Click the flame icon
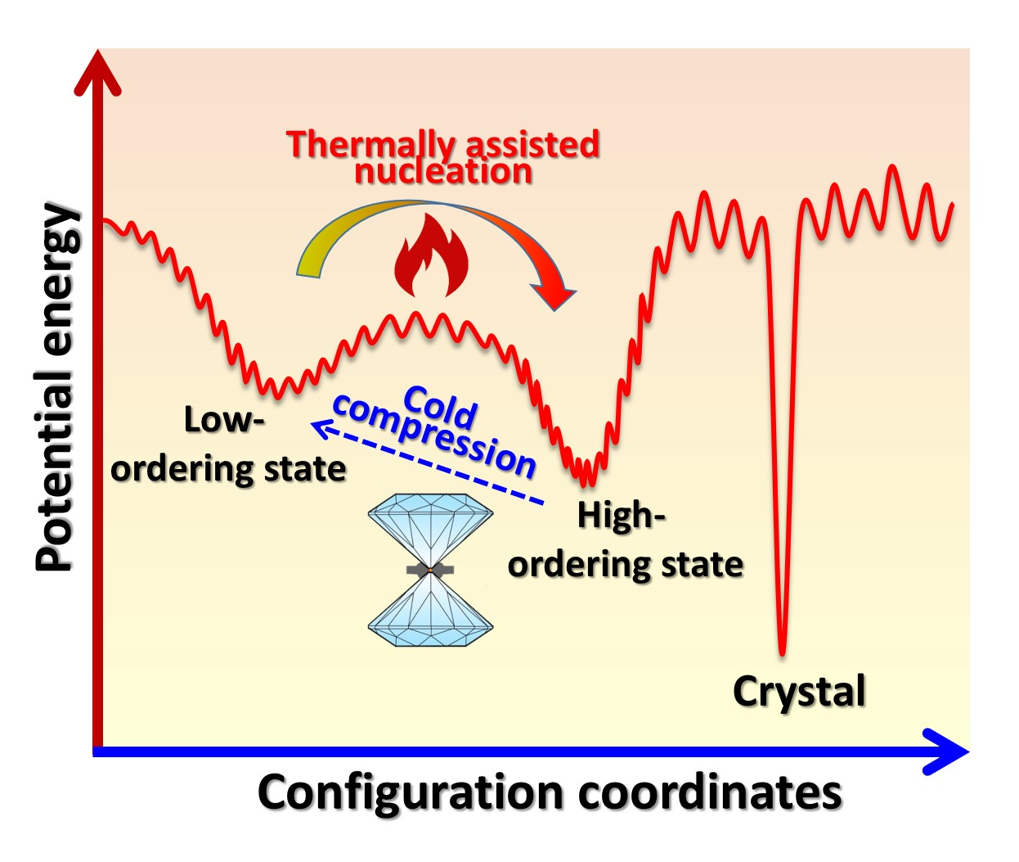click(x=432, y=256)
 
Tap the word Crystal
click(x=799, y=692)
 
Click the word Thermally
click(x=371, y=146)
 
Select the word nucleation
click(x=443, y=172)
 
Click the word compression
click(x=434, y=436)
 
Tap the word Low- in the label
click(x=224, y=420)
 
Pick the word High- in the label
click(x=621, y=516)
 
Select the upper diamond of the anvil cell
click(x=430, y=529)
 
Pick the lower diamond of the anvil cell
click(x=430, y=609)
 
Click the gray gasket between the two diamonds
click(x=430, y=570)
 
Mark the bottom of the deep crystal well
click(x=782, y=654)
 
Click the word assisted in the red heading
click(x=532, y=145)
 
